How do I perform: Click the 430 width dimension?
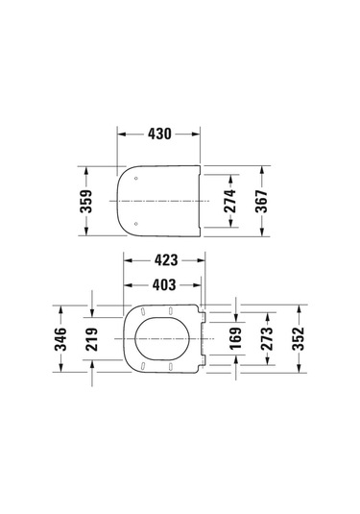[x=159, y=135]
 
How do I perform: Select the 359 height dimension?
[x=85, y=202]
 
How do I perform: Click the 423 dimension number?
[x=164, y=258]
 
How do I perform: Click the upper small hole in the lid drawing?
[x=137, y=179]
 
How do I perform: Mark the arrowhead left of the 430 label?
[x=122, y=135]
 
